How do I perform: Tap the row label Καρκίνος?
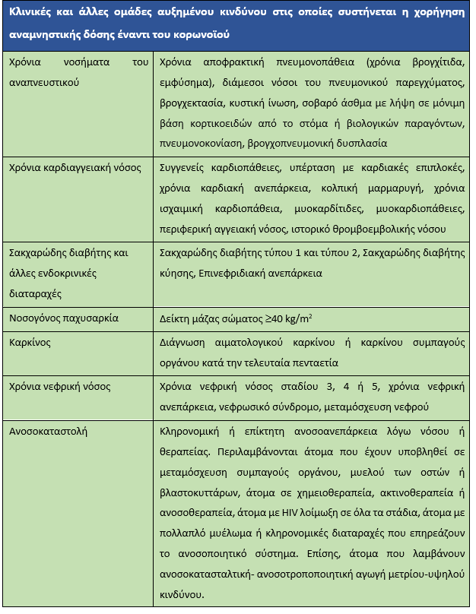(30, 342)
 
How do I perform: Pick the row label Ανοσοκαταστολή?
(49, 432)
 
